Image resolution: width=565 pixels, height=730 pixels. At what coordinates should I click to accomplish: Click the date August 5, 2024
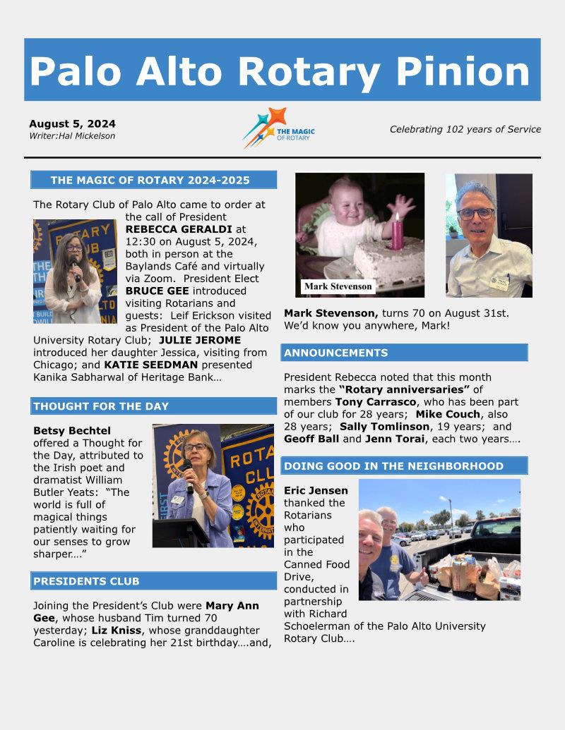pos(72,123)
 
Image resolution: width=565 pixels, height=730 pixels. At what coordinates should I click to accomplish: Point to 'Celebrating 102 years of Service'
pos(465,129)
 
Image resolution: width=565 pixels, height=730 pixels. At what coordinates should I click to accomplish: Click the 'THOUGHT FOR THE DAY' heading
pos(101,406)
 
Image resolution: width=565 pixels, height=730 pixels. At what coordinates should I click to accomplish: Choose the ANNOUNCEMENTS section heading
pos(336,353)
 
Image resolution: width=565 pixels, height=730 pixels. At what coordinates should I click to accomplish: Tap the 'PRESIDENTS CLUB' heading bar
pos(86,581)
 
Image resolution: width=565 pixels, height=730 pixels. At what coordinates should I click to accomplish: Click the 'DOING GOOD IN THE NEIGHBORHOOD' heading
pos(394,466)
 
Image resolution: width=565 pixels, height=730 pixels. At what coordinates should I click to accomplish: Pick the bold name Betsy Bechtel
pos(72,430)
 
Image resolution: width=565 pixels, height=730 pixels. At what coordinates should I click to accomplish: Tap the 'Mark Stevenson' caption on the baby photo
pos(338,287)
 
